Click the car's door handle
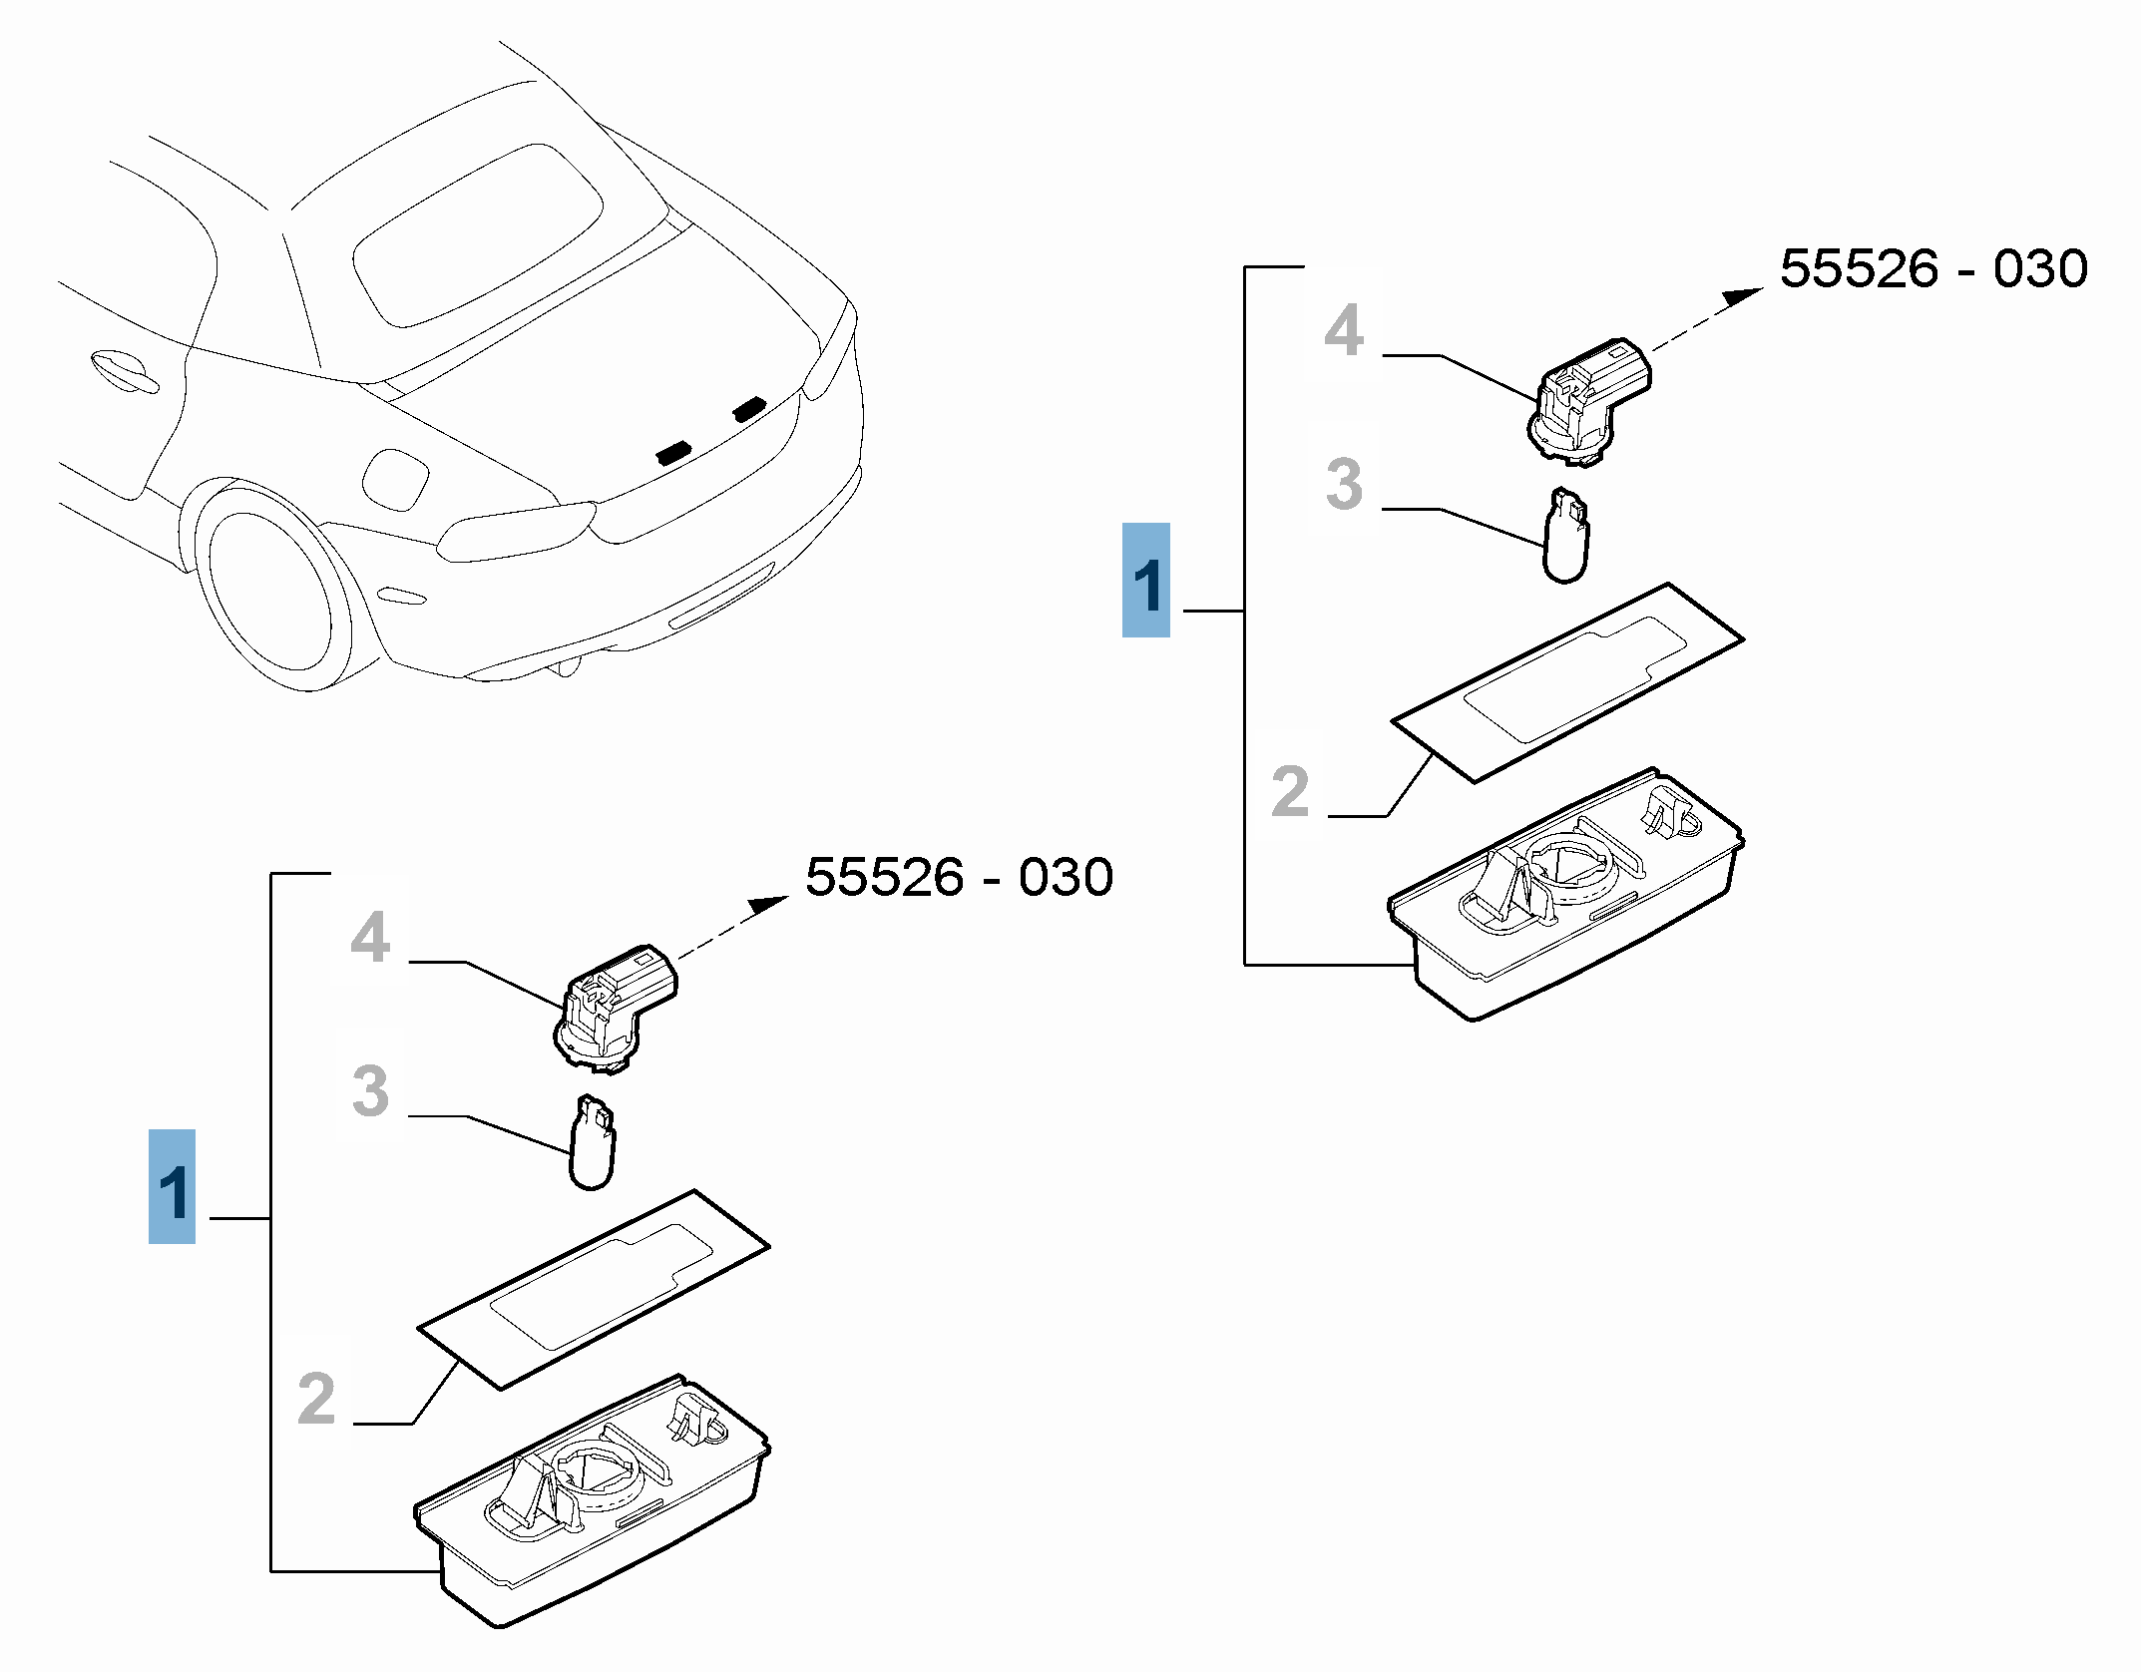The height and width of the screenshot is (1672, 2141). click(x=123, y=370)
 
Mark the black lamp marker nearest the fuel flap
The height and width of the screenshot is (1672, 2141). click(x=674, y=452)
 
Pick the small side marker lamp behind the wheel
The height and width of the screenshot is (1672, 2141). click(x=402, y=596)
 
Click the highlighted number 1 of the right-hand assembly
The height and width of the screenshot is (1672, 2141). click(x=1146, y=581)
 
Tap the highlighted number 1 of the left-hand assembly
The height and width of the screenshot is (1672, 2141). click(x=172, y=1187)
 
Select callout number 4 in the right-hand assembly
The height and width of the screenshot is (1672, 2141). click(x=1344, y=330)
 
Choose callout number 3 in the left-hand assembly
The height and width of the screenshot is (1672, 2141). click(x=370, y=1090)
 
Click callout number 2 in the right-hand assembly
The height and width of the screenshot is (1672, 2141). click(x=1290, y=791)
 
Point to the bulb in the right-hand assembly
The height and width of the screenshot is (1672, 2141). click(x=1565, y=537)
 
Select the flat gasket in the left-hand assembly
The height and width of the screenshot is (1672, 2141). click(x=594, y=1289)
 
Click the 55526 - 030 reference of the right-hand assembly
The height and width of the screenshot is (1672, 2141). click(x=1932, y=269)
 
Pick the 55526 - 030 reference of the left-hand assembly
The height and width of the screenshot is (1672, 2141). click(x=959, y=878)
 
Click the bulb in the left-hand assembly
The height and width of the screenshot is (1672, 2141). click(x=592, y=1143)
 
